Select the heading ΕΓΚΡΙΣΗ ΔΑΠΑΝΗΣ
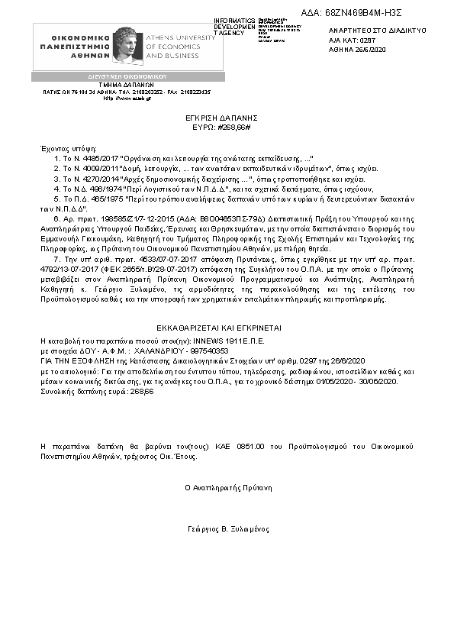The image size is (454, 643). point(227,118)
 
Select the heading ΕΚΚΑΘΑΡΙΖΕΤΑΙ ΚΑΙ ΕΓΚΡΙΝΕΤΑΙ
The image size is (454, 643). point(227,327)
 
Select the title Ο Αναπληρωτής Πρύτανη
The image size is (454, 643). point(228,486)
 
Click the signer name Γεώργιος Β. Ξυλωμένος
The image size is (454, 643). point(228,529)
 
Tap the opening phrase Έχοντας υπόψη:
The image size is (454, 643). point(60,145)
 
